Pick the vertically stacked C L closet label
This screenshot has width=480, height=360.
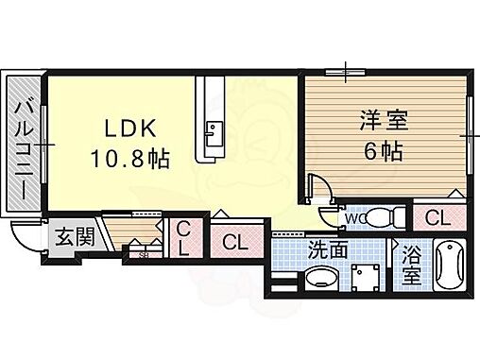[184, 239]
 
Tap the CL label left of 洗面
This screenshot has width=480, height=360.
[235, 242]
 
